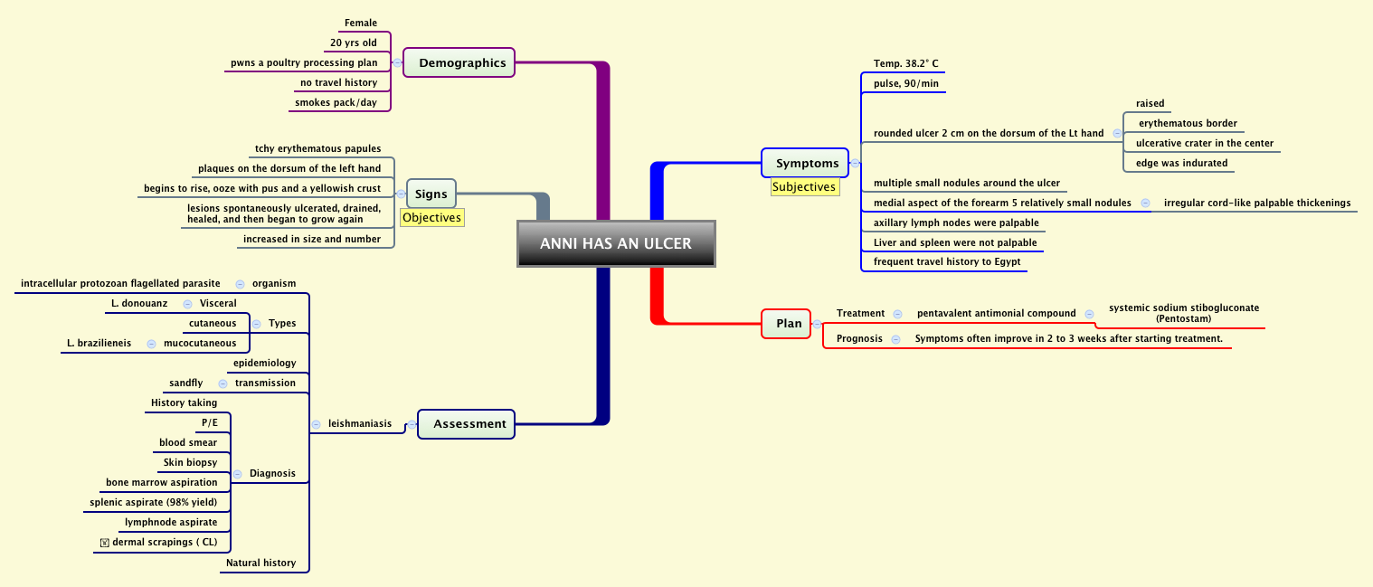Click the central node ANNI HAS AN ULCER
(616, 243)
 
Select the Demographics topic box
(461, 62)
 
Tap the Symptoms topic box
(807, 164)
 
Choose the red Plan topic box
(788, 324)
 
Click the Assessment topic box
(469, 424)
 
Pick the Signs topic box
(431, 194)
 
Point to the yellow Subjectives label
(804, 187)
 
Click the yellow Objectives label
(432, 217)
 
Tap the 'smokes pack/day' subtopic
(336, 102)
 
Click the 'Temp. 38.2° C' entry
(905, 63)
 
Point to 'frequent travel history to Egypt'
(946, 261)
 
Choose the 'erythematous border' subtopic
(1188, 123)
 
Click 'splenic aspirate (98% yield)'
(154, 502)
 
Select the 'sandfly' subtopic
(186, 383)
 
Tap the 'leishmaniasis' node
(359, 423)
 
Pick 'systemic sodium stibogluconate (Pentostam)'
(1183, 313)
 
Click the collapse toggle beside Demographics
(397, 62)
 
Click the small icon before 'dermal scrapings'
(105, 543)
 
